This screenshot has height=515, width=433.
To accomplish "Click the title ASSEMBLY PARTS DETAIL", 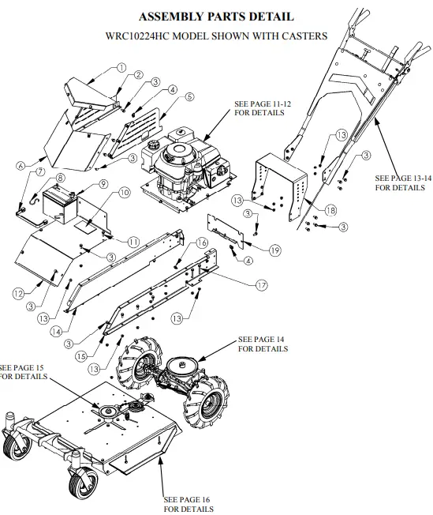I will (216, 16).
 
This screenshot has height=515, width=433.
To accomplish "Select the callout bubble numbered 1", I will (121, 68).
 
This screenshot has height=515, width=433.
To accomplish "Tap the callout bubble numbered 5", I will (189, 96).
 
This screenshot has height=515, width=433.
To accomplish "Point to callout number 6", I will (19, 165).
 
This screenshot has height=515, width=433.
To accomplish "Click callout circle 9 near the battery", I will (103, 184).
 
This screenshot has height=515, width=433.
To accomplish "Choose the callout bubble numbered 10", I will (124, 192).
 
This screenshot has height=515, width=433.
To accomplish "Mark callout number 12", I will (19, 294).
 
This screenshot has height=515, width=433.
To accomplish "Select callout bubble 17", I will (261, 283).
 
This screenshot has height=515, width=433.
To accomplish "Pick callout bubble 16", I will (202, 242).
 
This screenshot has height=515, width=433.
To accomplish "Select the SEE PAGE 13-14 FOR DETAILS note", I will (403, 182).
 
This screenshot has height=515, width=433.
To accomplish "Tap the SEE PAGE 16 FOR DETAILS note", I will (188, 504).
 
